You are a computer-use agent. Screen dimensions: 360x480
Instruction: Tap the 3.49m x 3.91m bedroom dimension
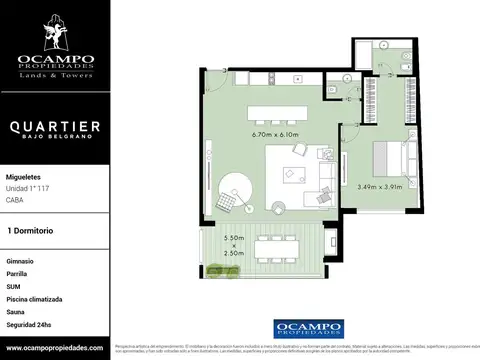tap(380, 185)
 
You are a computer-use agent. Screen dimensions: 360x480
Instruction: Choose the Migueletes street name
tap(25, 172)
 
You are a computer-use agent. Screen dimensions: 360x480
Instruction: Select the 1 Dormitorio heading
tap(29, 230)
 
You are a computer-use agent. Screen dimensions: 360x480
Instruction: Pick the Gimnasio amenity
tap(20, 260)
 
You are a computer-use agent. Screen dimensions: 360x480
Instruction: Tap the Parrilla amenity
tap(18, 273)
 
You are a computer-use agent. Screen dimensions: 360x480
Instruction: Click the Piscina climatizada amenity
tap(34, 298)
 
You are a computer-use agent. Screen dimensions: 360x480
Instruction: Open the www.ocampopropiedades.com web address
tap(54, 346)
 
